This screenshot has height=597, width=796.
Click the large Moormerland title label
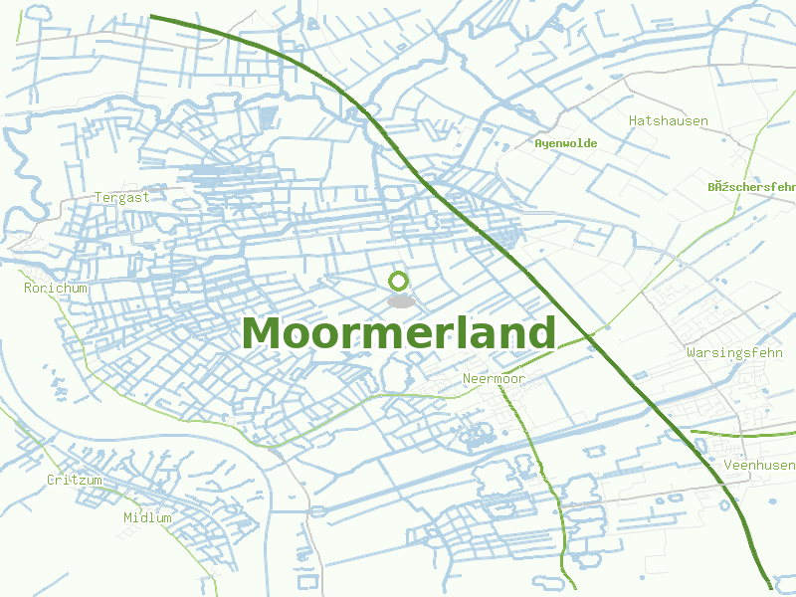(x=398, y=333)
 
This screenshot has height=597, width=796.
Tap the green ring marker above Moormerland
(x=399, y=282)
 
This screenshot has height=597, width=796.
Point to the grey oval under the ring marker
(x=400, y=300)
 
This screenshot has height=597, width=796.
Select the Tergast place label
(x=121, y=197)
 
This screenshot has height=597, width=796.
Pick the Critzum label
(x=74, y=480)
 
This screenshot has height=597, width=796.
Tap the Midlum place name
(x=147, y=517)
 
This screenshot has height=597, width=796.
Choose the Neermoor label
(x=494, y=379)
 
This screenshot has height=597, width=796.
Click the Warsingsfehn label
(x=734, y=353)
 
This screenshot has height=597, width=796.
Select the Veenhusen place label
(x=759, y=465)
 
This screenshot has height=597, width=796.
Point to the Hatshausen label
(x=668, y=121)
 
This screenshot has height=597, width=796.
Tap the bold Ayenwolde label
(x=565, y=143)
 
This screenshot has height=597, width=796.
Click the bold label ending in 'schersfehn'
(x=751, y=186)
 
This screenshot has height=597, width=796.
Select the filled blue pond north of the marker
(x=266, y=118)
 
